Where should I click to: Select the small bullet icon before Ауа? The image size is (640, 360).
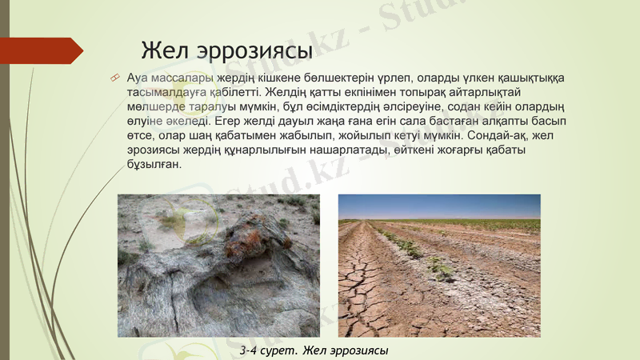point(115,77)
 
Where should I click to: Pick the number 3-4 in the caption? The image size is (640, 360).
point(252,350)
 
